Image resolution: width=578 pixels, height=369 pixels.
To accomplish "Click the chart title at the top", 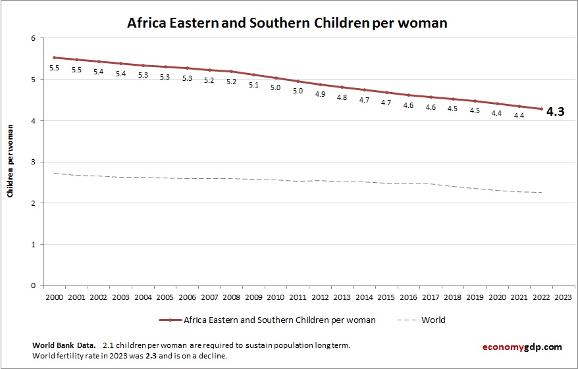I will [x=287, y=23].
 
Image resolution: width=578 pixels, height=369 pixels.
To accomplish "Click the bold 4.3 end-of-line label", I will [x=555, y=112].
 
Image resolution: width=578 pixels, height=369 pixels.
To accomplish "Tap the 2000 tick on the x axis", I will [x=54, y=297].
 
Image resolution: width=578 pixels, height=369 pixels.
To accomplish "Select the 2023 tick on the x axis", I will [x=564, y=297].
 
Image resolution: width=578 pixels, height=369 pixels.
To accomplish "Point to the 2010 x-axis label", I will [x=276, y=297].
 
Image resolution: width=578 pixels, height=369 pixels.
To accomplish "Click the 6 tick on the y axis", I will [x=33, y=38].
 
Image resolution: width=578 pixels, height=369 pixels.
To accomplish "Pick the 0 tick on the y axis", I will [x=33, y=285].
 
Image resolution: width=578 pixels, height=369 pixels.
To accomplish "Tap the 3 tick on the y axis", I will [x=33, y=162].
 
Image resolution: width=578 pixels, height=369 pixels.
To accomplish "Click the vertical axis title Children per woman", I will [x=11, y=162].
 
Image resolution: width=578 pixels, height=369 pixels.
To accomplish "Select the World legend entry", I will [x=433, y=320].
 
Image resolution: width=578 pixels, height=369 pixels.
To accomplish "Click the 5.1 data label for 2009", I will [x=253, y=85].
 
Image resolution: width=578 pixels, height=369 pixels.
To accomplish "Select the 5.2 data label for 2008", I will [x=231, y=82].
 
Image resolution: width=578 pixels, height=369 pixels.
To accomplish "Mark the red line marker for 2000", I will [x=54, y=58].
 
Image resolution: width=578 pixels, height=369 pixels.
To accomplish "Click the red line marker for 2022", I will [x=542, y=109].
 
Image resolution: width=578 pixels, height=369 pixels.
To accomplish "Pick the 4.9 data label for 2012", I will [x=320, y=94].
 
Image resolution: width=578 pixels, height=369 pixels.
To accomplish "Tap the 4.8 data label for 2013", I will [x=342, y=97].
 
